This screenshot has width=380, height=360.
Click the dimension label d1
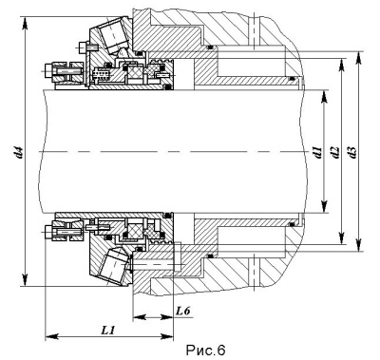pyautogui.click(x=317, y=152)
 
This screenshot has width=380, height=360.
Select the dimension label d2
pyautogui.click(x=335, y=152)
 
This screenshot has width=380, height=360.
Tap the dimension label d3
pyautogui.click(x=352, y=152)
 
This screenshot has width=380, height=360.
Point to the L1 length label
pyautogui.click(x=107, y=331)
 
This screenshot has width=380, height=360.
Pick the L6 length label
pyautogui.click(x=183, y=311)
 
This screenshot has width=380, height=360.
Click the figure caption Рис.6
pyautogui.click(x=205, y=351)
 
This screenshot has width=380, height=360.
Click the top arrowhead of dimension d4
pyautogui.click(x=26, y=23)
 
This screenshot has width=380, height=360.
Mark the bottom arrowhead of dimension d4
pyautogui.click(x=26, y=279)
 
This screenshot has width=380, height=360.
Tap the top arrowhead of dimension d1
pyautogui.click(x=324, y=97)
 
